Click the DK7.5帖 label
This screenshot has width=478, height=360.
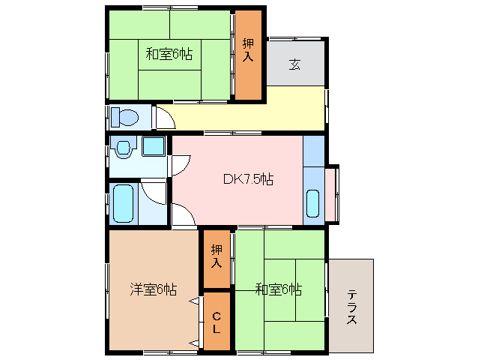pyautogui.click(x=248, y=179)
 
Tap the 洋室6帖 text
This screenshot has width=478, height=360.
pyautogui.click(x=153, y=289)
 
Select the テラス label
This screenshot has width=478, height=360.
pyautogui.click(x=351, y=306)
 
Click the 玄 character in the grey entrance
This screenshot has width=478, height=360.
pyautogui.click(x=295, y=64)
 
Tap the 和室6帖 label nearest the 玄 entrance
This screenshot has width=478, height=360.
pyautogui.click(x=169, y=54)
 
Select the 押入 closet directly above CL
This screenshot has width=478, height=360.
pyautogui.click(x=217, y=257)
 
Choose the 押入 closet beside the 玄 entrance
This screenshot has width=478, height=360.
pyautogui.click(x=248, y=49)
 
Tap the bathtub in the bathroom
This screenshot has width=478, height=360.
pyautogui.click(x=121, y=202)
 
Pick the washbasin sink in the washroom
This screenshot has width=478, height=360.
pyautogui.click(x=121, y=148)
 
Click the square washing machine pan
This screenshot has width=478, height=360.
pyautogui.click(x=154, y=146)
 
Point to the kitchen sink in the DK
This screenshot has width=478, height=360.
pyautogui.click(x=313, y=203)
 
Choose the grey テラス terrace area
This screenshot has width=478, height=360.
pyautogui.click(x=351, y=305)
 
